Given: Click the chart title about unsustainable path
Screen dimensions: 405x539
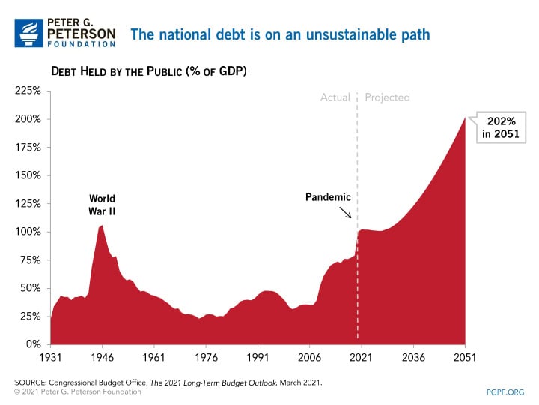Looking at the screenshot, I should pos(280,34).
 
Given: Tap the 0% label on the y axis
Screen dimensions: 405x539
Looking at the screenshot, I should pos(32,344).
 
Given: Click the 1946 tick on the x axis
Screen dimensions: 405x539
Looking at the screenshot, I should pos(102,358).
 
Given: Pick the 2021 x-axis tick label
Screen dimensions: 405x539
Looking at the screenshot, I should pos(361,358).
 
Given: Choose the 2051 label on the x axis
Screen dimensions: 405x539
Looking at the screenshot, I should pos(465,358).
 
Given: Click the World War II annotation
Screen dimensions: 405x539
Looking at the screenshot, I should pos(102,205).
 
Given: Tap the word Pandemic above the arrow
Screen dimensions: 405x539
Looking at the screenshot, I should pos(328,197).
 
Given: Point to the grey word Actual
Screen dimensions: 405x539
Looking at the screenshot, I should pos(335,97).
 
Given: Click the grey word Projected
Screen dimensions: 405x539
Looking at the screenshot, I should pos(387,97).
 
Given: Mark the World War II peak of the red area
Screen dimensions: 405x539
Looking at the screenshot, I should pos(103,226).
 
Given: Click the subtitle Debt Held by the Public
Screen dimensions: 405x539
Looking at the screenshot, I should pos(148,71).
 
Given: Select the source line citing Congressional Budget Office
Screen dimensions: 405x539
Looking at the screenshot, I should pos(168,382).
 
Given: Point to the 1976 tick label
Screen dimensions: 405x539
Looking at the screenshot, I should pos(205,358).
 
